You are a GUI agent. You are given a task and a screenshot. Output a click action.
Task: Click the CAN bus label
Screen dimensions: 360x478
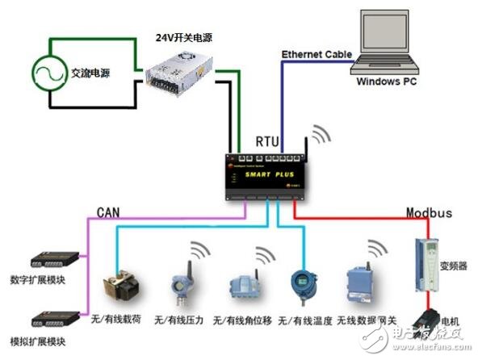click(x=109, y=211)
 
